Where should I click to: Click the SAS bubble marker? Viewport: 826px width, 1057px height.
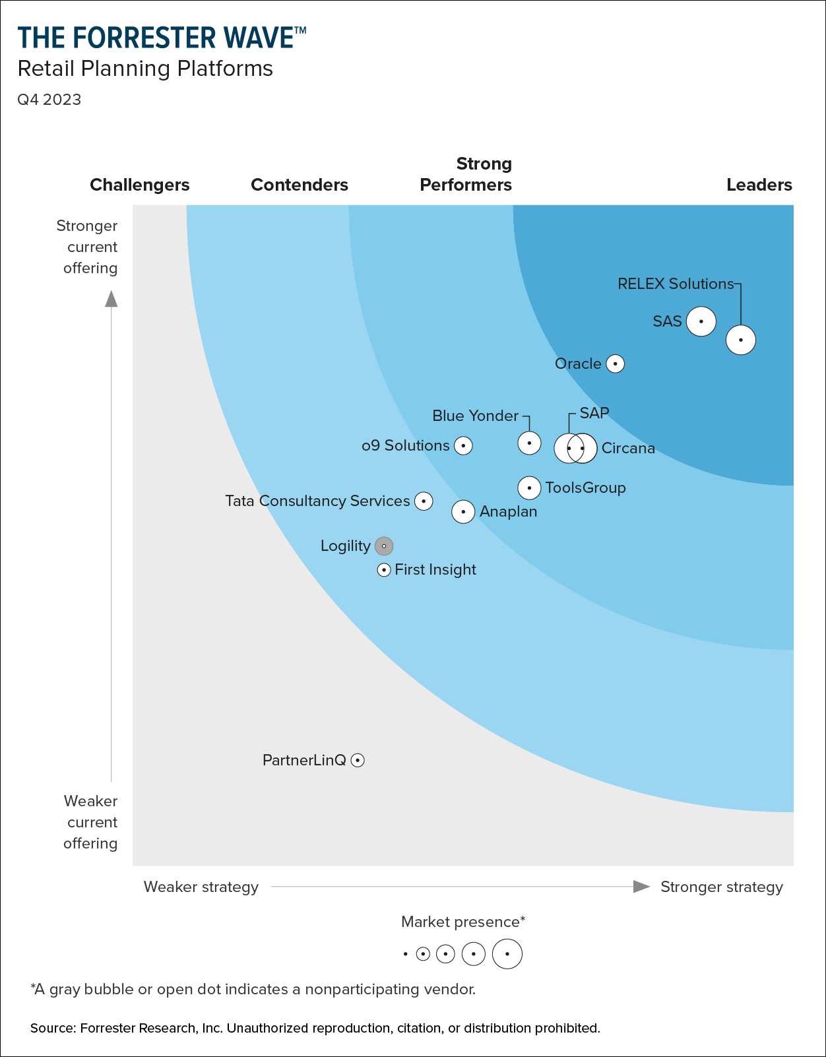701,321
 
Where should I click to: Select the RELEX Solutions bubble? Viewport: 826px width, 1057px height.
741,340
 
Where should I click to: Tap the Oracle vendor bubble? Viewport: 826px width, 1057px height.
615,364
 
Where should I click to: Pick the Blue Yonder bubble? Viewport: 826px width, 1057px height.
529,443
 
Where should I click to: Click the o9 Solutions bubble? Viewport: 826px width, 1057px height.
464,446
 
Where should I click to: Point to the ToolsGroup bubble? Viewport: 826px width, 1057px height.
529,488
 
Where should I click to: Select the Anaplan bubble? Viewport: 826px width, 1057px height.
463,511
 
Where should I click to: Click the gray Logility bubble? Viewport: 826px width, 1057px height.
384,546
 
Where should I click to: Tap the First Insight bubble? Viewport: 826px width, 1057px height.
384,569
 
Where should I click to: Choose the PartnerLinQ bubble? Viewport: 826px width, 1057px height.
358,760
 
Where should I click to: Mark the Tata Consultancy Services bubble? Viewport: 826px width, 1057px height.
424,501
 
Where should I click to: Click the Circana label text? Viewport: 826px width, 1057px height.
628,449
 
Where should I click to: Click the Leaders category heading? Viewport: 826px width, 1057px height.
759,185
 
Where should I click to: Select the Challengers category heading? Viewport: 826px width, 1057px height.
140,185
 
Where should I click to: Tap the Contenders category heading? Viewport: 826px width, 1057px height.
300,185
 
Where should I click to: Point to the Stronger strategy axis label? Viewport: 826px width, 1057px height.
722,887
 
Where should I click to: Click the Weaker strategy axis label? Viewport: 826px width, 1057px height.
201,887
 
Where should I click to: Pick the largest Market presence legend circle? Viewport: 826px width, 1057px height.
507,954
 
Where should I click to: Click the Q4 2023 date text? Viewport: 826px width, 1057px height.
49,100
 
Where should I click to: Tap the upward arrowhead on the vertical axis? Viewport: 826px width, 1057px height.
111,299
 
